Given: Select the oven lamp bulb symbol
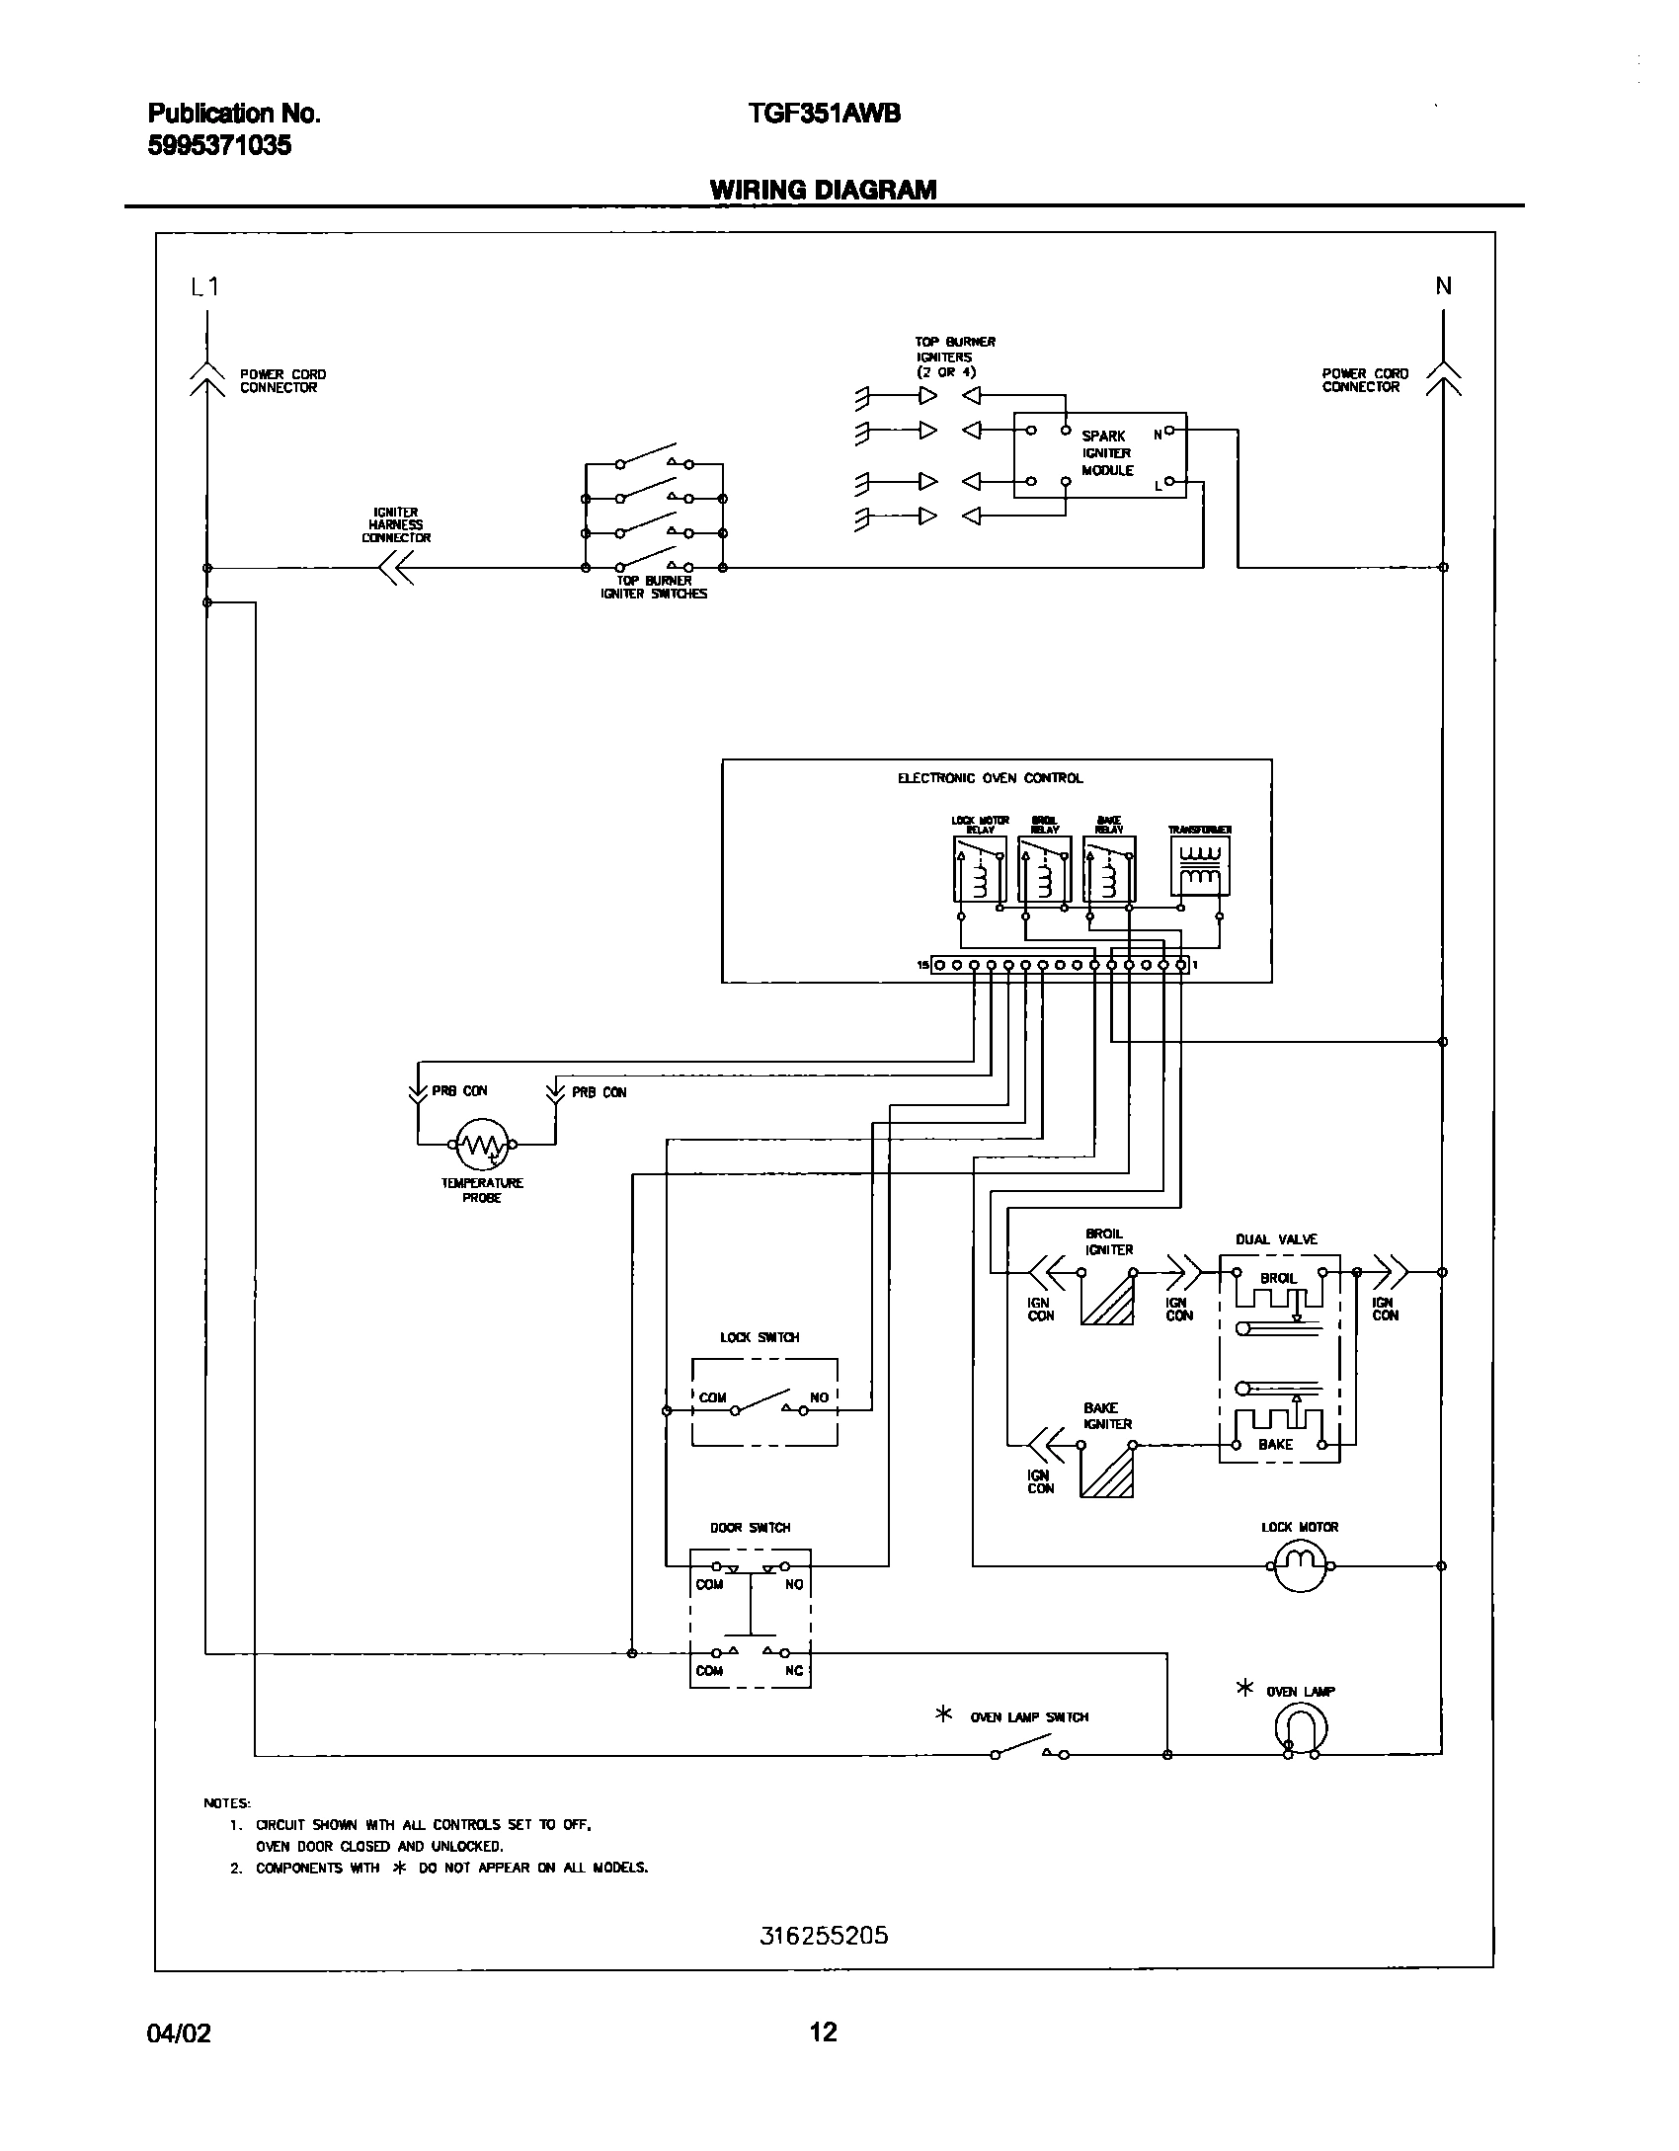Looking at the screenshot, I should pyautogui.click(x=1301, y=1729).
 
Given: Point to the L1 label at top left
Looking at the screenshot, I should pyautogui.click(x=204, y=286).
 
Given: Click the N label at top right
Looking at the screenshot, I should pyautogui.click(x=1443, y=286).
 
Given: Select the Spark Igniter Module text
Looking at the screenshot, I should pyautogui.click(x=1106, y=453).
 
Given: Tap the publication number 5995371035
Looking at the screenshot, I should pyautogui.click(x=219, y=146).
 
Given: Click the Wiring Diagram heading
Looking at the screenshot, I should pyautogui.click(x=823, y=190).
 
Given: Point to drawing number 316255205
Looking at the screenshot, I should pyautogui.click(x=824, y=1936).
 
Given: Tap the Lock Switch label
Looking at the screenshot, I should pyautogui.click(x=760, y=1337).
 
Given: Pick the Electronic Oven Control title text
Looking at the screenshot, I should pyautogui.click(x=990, y=778).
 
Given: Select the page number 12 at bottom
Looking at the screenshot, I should pyautogui.click(x=823, y=2032).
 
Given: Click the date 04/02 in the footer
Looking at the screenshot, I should pyautogui.click(x=179, y=2033).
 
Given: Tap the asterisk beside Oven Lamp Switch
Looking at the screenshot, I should pyautogui.click(x=943, y=1715).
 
